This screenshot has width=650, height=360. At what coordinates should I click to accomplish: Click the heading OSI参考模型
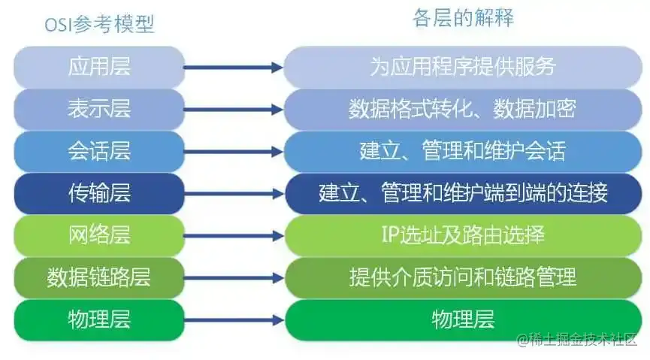point(99,24)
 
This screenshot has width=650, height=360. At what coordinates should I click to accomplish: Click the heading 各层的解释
point(463,18)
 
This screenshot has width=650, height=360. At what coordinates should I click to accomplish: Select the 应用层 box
point(99,66)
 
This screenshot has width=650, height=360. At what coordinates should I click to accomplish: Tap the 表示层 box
point(99,109)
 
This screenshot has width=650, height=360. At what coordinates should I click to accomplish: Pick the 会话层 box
point(99,151)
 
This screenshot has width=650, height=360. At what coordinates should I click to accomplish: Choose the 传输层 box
point(99,193)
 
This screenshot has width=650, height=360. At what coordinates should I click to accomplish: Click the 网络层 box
point(99,235)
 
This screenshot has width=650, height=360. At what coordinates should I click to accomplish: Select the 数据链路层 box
point(99,277)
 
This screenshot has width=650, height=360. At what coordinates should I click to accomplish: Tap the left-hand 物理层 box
point(99,319)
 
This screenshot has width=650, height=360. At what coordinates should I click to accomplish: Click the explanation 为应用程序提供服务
point(463,66)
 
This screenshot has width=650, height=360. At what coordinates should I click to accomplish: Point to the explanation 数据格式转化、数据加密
point(463,109)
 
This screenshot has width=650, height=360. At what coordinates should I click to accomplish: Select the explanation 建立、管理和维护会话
point(463,151)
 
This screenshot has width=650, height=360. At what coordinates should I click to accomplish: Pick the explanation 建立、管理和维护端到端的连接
point(463,193)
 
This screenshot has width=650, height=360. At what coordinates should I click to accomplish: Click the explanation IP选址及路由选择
point(463,235)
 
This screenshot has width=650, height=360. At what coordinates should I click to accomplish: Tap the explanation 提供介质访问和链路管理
point(463,277)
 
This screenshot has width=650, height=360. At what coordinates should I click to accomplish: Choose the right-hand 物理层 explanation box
point(463,319)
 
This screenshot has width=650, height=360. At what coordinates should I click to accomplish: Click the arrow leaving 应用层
point(234,68)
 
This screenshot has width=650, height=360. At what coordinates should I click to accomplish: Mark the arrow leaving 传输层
point(234,194)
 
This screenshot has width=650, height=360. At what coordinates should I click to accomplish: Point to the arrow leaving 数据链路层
point(234,278)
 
